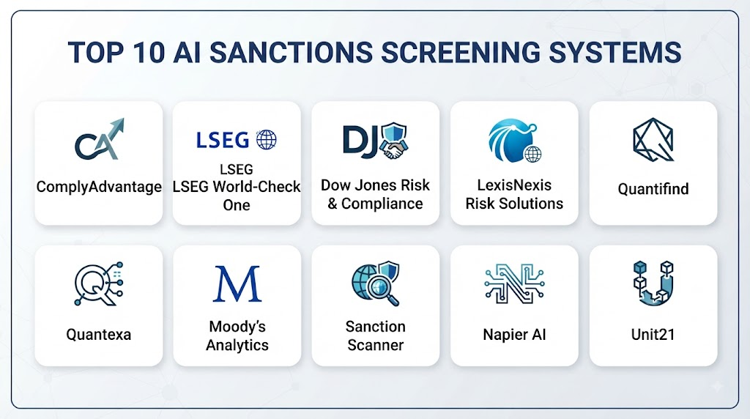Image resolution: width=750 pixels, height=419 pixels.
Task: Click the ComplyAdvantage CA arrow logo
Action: pos(100,139)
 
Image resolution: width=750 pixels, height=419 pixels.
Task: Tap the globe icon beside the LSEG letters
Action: pos(267,140)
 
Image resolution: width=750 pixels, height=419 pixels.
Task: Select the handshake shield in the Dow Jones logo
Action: pos(393,141)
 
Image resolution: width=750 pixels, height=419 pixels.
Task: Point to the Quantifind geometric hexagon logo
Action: pos(653,140)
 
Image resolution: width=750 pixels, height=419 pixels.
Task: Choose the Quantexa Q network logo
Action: pos(99,283)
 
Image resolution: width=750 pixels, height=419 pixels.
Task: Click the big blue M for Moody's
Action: pos(237,284)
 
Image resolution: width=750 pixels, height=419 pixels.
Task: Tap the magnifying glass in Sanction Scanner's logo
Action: pos(382,290)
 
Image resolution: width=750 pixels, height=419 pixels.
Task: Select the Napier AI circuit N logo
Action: pos(514,283)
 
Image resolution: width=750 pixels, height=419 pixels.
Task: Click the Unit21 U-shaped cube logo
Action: pos(653,283)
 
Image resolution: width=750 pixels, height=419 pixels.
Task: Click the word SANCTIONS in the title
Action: pos(291,52)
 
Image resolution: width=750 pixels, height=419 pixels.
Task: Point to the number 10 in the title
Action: pos(149,52)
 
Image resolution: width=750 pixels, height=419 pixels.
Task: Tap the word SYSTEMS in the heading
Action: pos(615,52)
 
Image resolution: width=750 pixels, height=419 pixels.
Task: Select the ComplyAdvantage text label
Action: pos(99,187)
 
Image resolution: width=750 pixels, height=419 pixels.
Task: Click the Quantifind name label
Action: pos(653,189)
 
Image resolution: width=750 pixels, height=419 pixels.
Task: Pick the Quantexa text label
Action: pos(99,334)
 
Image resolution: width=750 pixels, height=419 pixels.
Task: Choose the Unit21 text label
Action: pos(653,334)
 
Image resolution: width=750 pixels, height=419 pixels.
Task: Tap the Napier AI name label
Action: pos(514,334)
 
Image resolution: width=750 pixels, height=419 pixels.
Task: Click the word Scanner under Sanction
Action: pos(376,345)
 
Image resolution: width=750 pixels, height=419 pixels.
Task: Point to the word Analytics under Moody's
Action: pos(237,345)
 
